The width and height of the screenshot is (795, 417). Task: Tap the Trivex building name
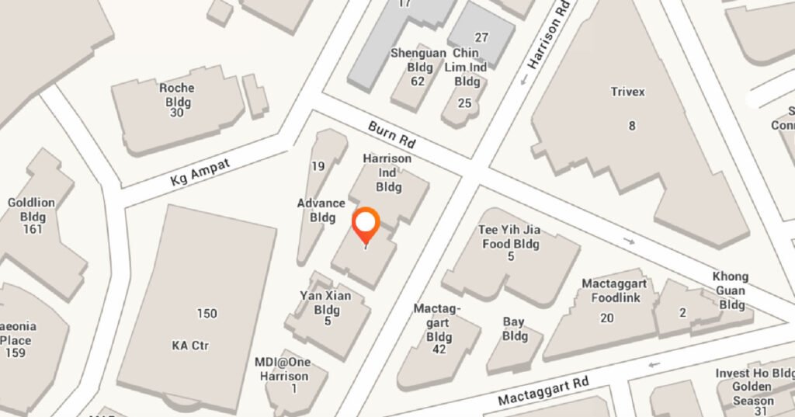pyautogui.click(x=627, y=92)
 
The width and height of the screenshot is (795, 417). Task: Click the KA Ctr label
pyautogui.click(x=190, y=346)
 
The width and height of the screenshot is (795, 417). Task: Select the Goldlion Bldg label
pyautogui.click(x=31, y=209)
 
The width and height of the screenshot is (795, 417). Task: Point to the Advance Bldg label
pyautogui.click(x=321, y=210)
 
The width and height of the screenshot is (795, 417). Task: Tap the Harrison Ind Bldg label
pyautogui.click(x=387, y=172)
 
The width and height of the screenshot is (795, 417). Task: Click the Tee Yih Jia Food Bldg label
pyautogui.click(x=509, y=237)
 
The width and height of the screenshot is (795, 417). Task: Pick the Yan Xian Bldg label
pyautogui.click(x=326, y=302)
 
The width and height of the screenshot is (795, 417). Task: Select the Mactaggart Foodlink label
pyautogui.click(x=614, y=290)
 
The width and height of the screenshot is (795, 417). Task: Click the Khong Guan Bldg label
pyautogui.click(x=731, y=290)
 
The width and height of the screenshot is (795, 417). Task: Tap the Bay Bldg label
pyautogui.click(x=514, y=328)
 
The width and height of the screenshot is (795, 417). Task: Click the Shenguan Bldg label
pyautogui.click(x=418, y=60)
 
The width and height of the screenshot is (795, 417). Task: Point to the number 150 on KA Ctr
pyautogui.click(x=207, y=314)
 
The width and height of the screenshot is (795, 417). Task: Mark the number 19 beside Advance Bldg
pyautogui.click(x=318, y=165)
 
